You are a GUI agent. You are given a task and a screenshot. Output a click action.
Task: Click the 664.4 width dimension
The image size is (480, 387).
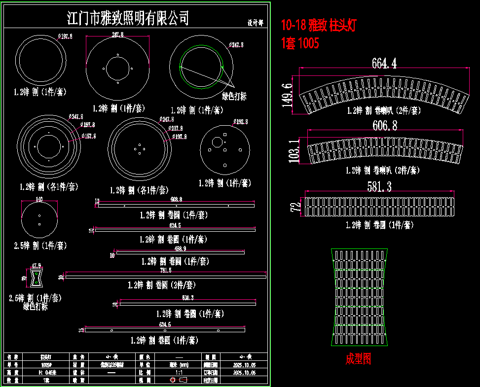pos(384,63)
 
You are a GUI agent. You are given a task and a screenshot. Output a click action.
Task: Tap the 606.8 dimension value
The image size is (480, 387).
pos(385,125)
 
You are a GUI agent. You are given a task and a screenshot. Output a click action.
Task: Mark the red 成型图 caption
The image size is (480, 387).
pos(358,359)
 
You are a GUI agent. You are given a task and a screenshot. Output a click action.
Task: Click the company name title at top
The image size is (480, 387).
pos(128,19)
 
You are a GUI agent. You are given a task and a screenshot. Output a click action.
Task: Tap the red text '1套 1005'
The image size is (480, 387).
pos(299,43)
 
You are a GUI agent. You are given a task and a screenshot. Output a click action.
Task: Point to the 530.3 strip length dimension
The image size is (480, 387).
pos(188,298)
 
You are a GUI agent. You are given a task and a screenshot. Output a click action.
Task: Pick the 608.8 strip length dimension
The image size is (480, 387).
pos(176,199)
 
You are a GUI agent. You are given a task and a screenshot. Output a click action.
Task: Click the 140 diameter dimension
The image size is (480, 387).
pos(39,199)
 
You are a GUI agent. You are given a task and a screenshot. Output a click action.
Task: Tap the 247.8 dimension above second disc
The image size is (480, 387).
pos(117,35)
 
